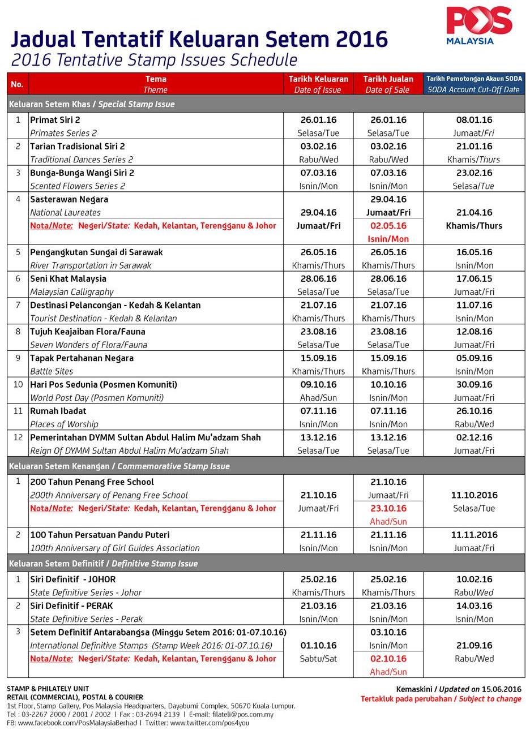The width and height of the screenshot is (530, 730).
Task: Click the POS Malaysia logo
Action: coord(478,25)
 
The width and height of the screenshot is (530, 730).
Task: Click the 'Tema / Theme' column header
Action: coord(156,84)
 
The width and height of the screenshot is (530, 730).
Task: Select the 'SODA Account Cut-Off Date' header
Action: coord(473,84)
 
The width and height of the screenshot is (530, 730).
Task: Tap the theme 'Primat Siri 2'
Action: coord(55,120)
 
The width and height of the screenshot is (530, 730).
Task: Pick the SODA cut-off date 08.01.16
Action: coord(473,120)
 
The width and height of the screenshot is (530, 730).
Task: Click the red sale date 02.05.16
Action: coord(388,226)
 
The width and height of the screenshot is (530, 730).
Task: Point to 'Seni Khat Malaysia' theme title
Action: coord(69,278)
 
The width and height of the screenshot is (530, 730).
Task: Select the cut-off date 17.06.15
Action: coord(473,278)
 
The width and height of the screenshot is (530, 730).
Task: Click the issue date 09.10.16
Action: coord(318,385)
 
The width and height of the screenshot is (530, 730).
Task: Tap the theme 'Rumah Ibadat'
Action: coord(58,411)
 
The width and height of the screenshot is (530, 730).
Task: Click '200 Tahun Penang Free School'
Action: coord(92,482)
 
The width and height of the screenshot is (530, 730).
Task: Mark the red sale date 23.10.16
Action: coord(388,508)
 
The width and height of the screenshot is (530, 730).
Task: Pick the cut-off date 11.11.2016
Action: coord(473,535)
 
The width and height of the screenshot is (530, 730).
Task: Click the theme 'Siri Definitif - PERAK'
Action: coord(71,606)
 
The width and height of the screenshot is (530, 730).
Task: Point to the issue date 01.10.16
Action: coord(318,645)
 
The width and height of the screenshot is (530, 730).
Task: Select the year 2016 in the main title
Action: coord(362,40)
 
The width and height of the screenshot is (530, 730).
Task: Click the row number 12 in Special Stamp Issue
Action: coord(18,437)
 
